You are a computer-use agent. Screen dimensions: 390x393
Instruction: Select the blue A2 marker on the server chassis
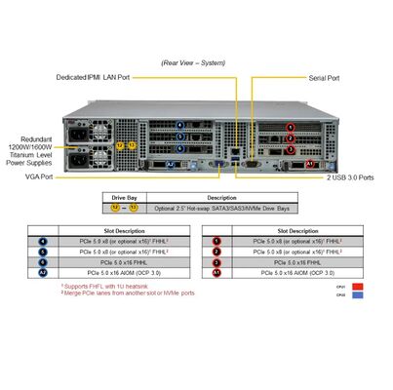click(x=172, y=166)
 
